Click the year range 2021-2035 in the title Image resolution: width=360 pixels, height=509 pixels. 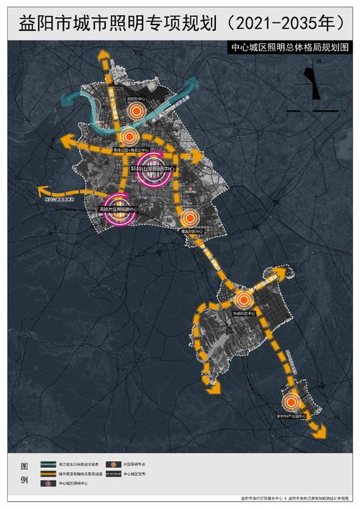point(286,23)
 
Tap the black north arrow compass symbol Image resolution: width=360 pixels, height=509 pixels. point(312,84)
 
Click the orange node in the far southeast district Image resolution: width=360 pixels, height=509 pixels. point(292,404)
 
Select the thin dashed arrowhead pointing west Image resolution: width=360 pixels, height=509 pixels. point(37,191)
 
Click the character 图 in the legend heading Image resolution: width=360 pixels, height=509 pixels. point(24,464)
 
